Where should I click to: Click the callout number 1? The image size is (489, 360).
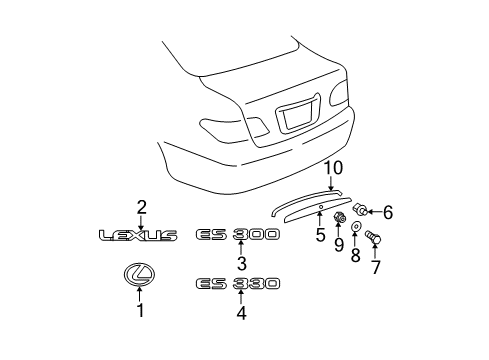140,310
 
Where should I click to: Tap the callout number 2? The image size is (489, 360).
141,207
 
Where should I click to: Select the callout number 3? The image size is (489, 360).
241,263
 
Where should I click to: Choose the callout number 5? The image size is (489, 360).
320,235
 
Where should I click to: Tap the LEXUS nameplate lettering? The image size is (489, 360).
138,235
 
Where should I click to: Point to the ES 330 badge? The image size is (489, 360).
237,283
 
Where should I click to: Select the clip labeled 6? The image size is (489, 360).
362,210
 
